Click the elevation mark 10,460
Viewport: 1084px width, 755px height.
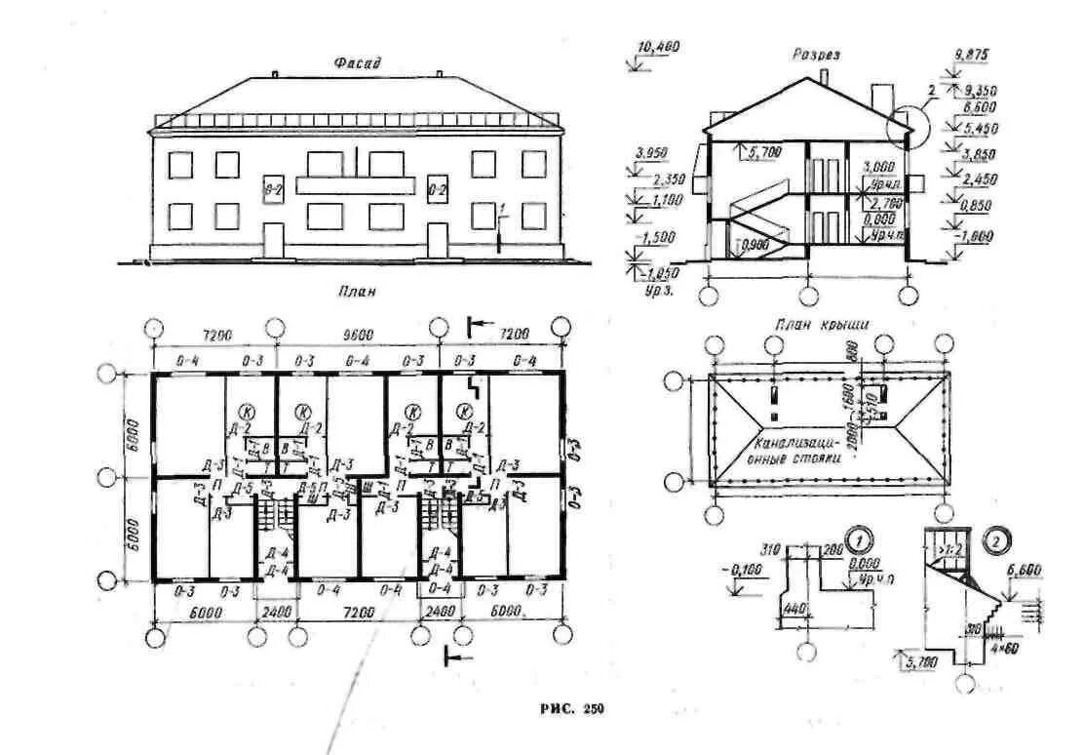pos(659,47)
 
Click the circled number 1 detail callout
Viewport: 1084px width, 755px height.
pos(859,537)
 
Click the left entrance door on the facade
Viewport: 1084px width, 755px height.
pos(273,240)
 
